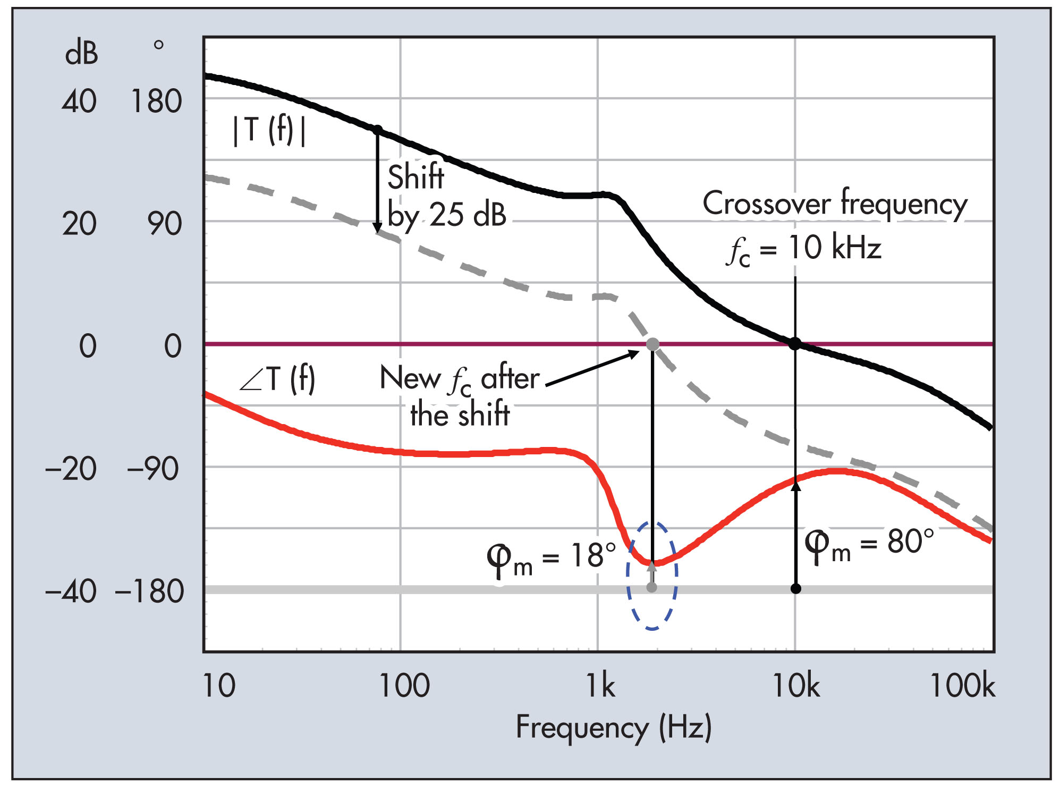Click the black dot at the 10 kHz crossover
pyautogui.click(x=795, y=344)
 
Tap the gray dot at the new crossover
pyautogui.click(x=652, y=344)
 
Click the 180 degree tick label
pyautogui.click(x=156, y=102)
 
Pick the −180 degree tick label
pyautogui.click(x=149, y=591)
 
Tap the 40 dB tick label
pyautogui.click(x=79, y=102)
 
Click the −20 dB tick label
pyautogui.click(x=71, y=469)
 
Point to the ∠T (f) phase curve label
pyautogui.click(x=277, y=379)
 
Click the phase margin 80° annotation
pyautogui.click(x=869, y=544)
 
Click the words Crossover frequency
pyautogui.click(x=835, y=204)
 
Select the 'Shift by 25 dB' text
pyautogui.click(x=445, y=196)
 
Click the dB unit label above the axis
pyautogui.click(x=81, y=53)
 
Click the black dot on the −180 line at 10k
pyautogui.click(x=795, y=588)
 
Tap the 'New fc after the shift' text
pyautogui.click(x=460, y=395)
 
